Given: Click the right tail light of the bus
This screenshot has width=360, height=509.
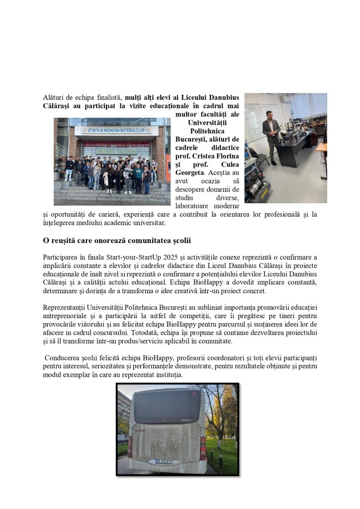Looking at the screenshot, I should [203, 447].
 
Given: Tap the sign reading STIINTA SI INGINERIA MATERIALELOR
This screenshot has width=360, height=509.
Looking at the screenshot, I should [116, 131].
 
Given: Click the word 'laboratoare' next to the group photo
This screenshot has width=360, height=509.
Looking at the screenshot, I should [193, 206].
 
